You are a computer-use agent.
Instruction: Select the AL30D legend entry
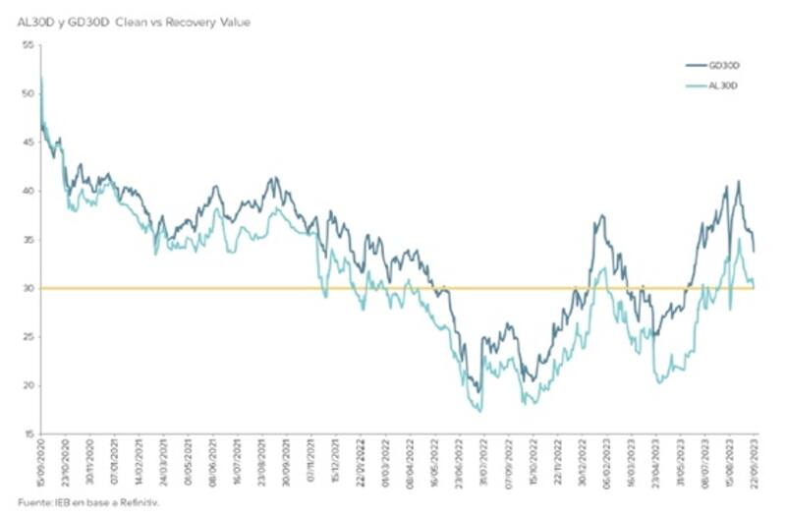722,86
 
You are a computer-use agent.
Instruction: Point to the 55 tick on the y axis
28,45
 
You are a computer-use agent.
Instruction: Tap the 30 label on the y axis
28,288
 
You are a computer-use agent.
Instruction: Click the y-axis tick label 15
28,433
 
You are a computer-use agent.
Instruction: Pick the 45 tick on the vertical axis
28,142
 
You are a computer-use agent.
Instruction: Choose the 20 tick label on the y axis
28,385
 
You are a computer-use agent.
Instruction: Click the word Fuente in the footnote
31,502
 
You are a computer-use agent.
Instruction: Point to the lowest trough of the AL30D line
479,411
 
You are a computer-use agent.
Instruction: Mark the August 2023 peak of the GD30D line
738,182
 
